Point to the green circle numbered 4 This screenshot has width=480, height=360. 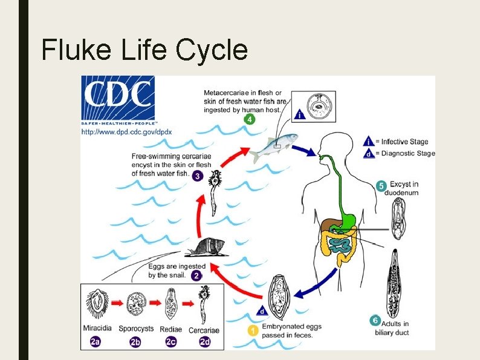point(250,120)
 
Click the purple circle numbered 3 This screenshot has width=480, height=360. point(198,176)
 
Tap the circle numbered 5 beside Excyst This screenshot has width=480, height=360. point(381,186)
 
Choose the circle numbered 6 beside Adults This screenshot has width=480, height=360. point(375,321)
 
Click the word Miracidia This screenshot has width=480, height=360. point(97,330)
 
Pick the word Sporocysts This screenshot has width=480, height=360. point(135,330)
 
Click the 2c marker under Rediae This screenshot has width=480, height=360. point(171,342)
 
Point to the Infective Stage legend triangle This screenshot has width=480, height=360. point(369,142)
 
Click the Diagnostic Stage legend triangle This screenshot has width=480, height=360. point(369,153)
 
